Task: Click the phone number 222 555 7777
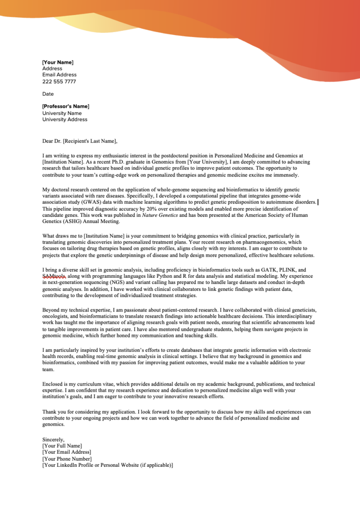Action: (x=59, y=82)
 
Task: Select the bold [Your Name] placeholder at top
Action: (x=58, y=62)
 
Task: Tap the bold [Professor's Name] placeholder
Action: (x=66, y=107)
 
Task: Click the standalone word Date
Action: (x=48, y=94)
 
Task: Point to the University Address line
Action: (x=65, y=120)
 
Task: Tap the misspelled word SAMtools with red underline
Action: (x=54, y=277)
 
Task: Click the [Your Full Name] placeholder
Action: (x=62, y=446)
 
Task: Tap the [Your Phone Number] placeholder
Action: (x=67, y=459)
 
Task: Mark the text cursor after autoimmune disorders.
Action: (x=319, y=202)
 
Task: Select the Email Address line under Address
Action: (x=60, y=75)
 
